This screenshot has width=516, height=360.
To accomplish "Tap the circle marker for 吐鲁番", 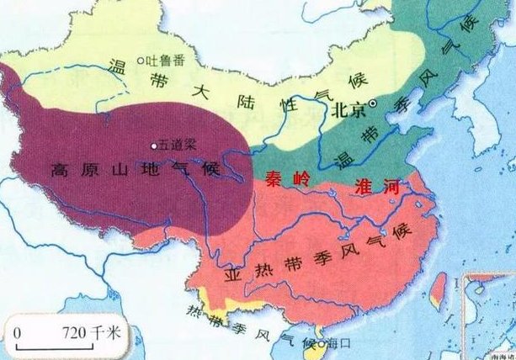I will coord(143,59).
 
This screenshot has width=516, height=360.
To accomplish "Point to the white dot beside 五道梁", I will coord(152,142).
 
